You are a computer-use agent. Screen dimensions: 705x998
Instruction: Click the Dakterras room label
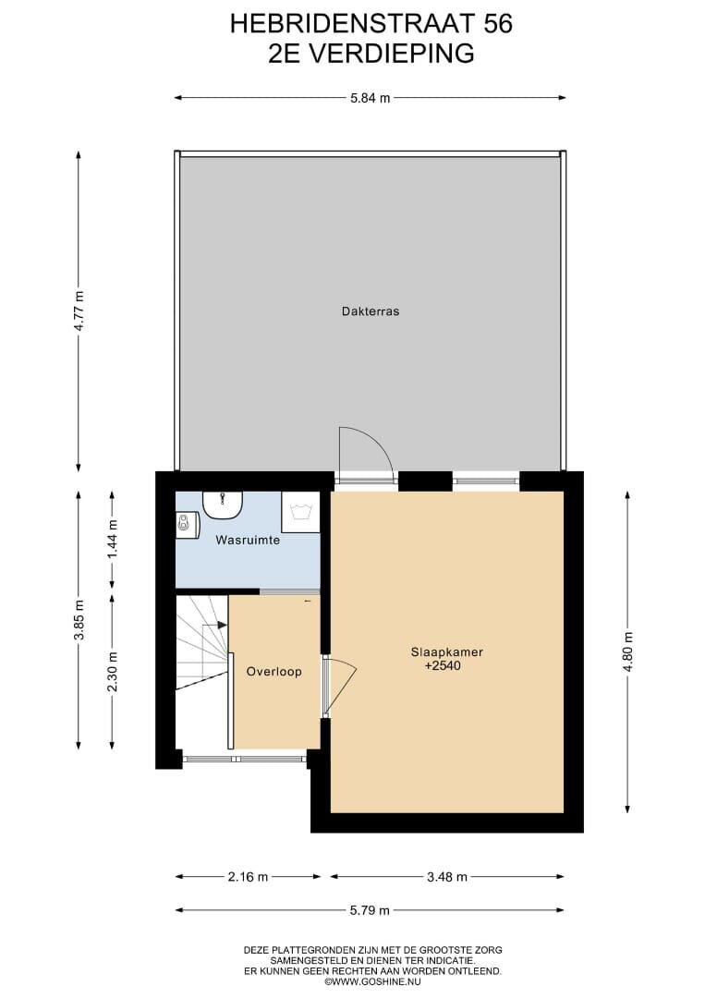[371, 312]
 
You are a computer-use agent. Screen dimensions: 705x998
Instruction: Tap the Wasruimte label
[248, 541]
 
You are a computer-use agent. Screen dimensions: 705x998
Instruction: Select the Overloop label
[274, 672]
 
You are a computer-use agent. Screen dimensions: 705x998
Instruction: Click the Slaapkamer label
[446, 652]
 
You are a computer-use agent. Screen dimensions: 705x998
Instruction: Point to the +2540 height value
[443, 666]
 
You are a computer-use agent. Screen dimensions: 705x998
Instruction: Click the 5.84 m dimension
[371, 98]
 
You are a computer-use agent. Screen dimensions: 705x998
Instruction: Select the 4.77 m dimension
[79, 311]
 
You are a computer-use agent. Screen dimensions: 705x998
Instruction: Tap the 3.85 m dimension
[79, 620]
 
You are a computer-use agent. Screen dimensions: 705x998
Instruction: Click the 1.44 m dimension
[113, 540]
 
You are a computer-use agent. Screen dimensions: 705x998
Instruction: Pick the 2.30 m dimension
[113, 672]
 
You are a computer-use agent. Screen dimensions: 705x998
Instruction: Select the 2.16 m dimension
[249, 877]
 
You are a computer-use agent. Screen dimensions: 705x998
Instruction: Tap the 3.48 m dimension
[446, 877]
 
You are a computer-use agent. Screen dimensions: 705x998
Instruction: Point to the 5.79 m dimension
[370, 910]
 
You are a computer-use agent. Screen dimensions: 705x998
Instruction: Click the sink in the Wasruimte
[224, 505]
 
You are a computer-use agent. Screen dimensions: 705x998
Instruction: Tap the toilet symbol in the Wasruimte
[187, 525]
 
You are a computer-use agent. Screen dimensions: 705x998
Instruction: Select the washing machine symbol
[299, 512]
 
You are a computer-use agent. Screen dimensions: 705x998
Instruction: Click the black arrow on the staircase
[222, 625]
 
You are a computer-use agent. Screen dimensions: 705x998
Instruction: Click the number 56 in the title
[498, 24]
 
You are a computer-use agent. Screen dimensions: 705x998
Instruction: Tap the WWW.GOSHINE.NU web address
[373, 981]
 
